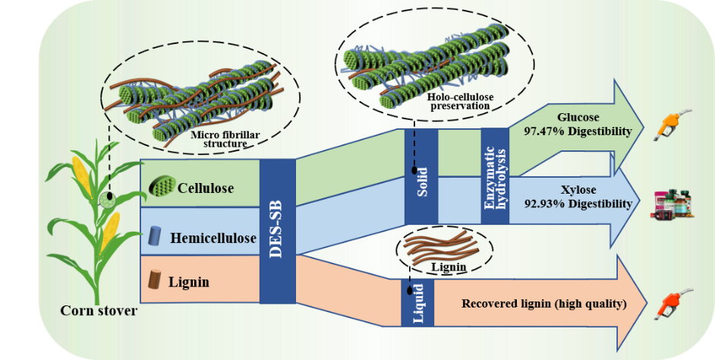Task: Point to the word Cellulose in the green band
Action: (206, 187)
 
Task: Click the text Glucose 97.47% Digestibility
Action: (578, 125)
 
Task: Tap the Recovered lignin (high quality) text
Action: (543, 304)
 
